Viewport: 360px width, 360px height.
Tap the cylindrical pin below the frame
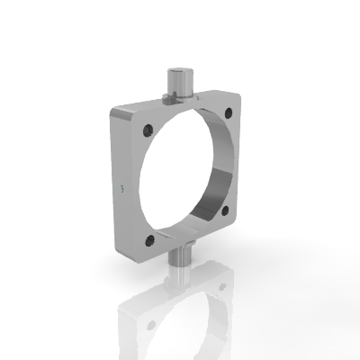tap(180, 256)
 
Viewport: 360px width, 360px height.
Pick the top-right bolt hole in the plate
tap(229, 112)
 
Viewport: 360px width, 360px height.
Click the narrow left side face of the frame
tap(114, 180)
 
